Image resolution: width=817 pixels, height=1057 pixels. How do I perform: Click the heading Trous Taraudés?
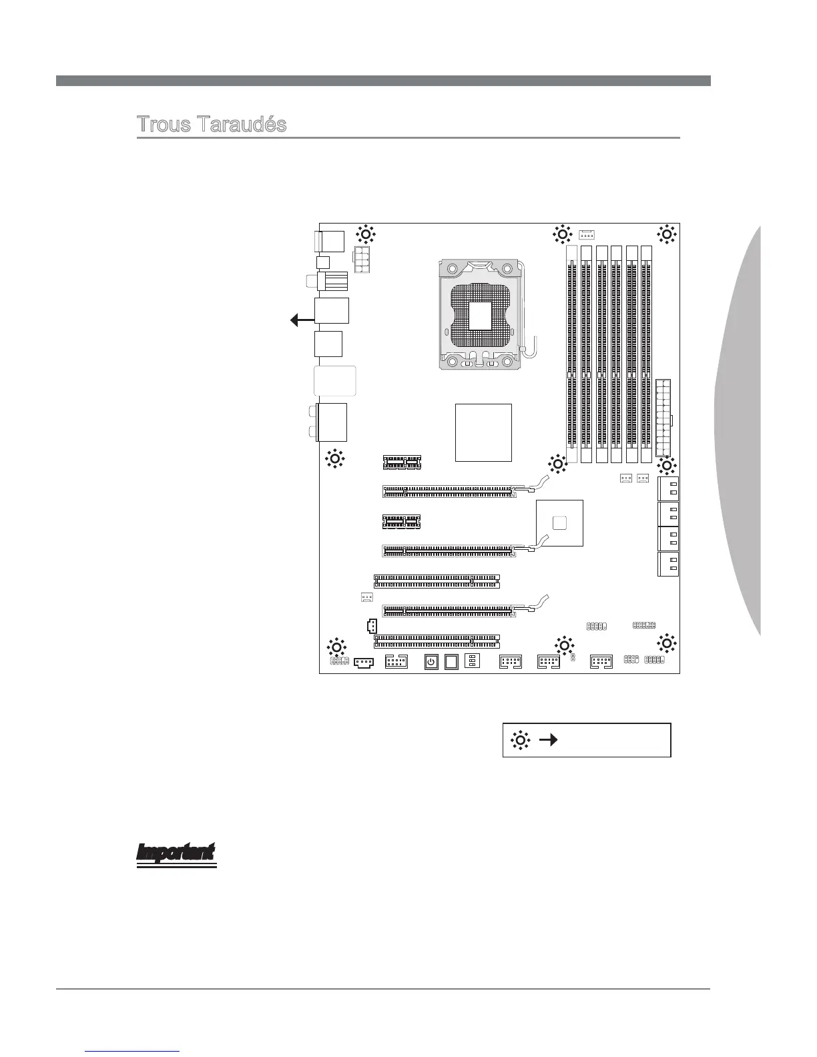[212, 125]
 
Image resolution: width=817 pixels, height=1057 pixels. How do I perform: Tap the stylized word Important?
[177, 853]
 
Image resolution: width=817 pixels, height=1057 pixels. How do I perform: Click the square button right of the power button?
[452, 662]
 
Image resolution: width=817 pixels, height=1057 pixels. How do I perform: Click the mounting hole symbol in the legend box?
[521, 739]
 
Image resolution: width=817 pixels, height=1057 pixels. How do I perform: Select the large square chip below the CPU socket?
[483, 432]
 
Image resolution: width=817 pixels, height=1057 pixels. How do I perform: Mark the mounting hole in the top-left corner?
[365, 234]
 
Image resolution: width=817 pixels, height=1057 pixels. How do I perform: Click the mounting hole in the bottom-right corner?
[666, 644]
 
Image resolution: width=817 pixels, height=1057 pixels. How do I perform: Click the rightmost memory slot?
[646, 354]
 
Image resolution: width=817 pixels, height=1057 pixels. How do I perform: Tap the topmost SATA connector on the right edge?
[668, 489]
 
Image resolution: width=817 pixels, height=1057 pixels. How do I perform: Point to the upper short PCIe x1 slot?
[402, 461]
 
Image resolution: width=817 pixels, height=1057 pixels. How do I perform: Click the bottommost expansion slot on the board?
[437, 641]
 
